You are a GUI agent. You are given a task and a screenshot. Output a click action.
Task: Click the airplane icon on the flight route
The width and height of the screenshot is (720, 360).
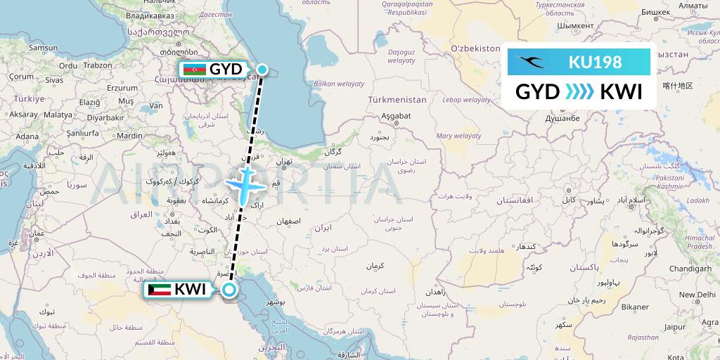tap(244, 184)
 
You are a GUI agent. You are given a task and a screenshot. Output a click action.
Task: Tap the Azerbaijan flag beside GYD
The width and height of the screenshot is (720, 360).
tap(193, 69)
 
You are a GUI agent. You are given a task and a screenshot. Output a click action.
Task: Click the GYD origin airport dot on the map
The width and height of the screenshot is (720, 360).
tap(262, 69)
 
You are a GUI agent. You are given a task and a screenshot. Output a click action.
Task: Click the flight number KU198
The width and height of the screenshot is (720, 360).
tap(595, 62)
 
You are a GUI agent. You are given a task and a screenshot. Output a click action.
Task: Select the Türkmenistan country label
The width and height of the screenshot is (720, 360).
tap(399, 100)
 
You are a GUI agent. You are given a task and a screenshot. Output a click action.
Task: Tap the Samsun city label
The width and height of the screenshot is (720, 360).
tap(42, 48)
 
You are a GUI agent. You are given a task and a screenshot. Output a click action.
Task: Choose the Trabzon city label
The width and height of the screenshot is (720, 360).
tap(97, 65)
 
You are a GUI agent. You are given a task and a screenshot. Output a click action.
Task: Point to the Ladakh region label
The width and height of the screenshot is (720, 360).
tap(697, 200)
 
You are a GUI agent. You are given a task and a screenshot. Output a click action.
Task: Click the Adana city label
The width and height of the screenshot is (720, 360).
tap(28, 136)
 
